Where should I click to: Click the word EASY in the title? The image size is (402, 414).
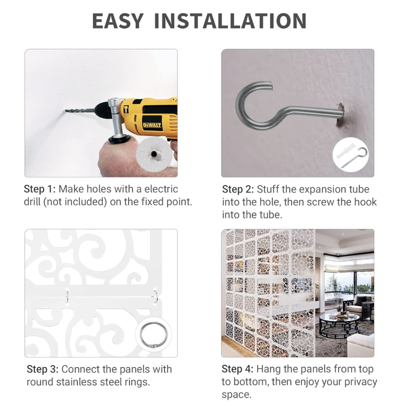click(118, 21)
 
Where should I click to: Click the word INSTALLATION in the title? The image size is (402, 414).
click(230, 21)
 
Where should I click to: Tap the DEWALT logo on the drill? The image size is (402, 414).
click(152, 125)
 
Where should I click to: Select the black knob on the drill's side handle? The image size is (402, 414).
click(120, 139)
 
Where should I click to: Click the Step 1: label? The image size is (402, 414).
click(40, 189)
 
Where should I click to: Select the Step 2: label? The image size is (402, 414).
click(238, 189)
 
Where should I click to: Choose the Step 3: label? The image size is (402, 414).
click(43, 369)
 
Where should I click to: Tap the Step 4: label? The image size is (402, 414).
click(237, 369)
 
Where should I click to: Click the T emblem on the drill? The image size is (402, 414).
click(126, 109)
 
